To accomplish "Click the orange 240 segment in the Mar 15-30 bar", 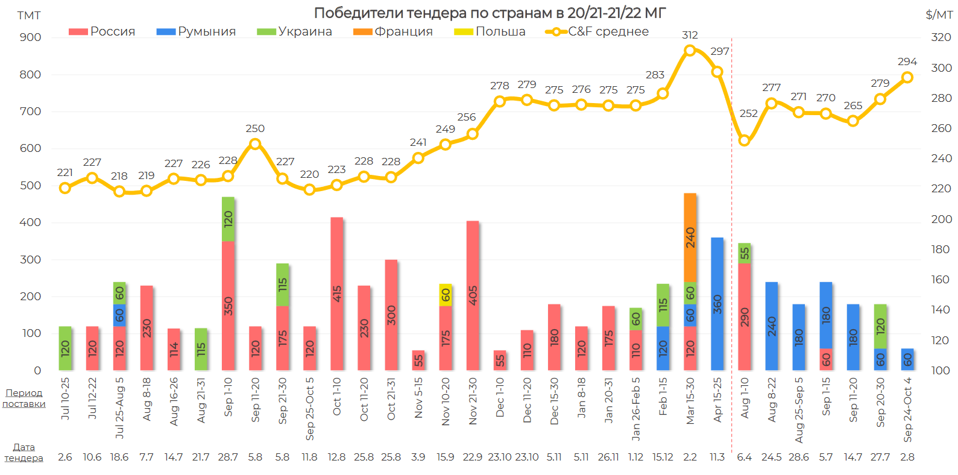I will [x=690, y=237].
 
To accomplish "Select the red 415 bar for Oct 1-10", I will [x=337, y=294].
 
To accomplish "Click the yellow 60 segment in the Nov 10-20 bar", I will [x=446, y=295].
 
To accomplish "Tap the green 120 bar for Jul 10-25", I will [x=65, y=348].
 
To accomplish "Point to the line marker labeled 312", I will [x=690, y=51].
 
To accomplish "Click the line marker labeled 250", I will [x=255, y=144].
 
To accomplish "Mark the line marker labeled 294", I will [x=907, y=77].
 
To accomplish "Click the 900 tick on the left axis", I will [x=30, y=37].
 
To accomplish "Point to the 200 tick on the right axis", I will [x=941, y=219].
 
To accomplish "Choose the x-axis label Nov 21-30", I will [x=473, y=401].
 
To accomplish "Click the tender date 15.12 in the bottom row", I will [x=663, y=457].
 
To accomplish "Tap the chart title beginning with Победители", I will [x=490, y=13].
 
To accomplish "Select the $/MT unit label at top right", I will [x=939, y=14].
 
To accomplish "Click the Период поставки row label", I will [x=24, y=398].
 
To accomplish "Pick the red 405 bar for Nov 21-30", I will [x=473, y=295].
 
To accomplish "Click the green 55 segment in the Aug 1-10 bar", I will [x=745, y=253].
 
